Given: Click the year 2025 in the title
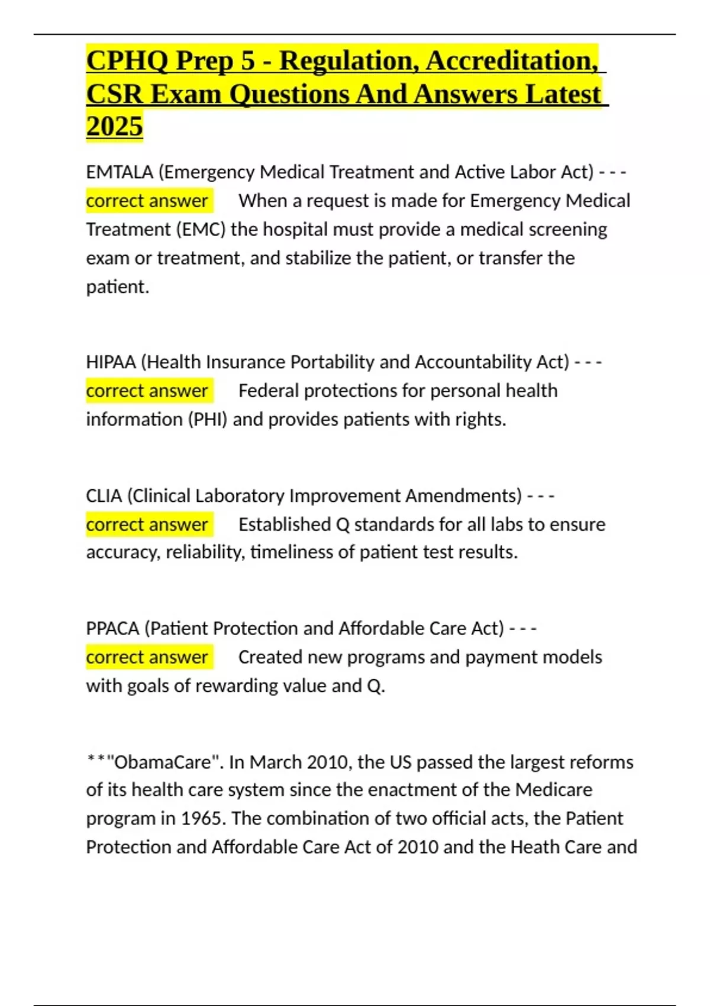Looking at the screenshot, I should coord(114,126).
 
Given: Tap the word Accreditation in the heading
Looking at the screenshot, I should coord(511,61).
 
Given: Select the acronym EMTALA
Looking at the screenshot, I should coord(120,172).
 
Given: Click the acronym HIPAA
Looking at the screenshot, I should coord(111,362).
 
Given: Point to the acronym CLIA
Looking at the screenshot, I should coord(104,496).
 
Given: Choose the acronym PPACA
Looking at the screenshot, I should coord(112,628).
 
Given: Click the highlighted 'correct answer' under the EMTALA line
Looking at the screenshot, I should coord(147,201).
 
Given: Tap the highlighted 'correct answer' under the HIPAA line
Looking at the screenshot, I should coord(147,391).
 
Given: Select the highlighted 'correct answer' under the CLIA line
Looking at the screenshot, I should coord(147,525).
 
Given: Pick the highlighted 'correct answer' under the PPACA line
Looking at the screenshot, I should coord(147,657).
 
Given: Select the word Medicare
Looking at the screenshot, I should coord(553,790).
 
